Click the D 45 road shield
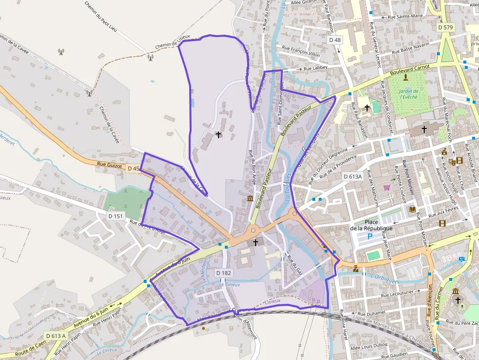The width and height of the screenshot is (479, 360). (x=133, y=169)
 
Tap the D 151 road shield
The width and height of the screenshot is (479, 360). (x=116, y=215)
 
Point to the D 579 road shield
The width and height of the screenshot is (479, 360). (x=446, y=27)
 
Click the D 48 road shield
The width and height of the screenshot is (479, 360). (x=335, y=40)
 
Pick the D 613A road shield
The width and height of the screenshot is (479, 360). (x=352, y=176)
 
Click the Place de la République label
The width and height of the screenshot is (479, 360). (x=371, y=225)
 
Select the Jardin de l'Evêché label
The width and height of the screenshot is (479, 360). (x=409, y=94)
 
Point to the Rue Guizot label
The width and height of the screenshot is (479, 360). (x=109, y=165)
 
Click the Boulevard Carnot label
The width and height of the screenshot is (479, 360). (x=410, y=70)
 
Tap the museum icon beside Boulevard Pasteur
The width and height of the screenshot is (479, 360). (x=250, y=198)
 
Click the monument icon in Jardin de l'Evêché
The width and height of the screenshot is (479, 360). (x=405, y=77)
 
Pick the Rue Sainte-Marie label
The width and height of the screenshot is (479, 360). (x=405, y=16)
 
